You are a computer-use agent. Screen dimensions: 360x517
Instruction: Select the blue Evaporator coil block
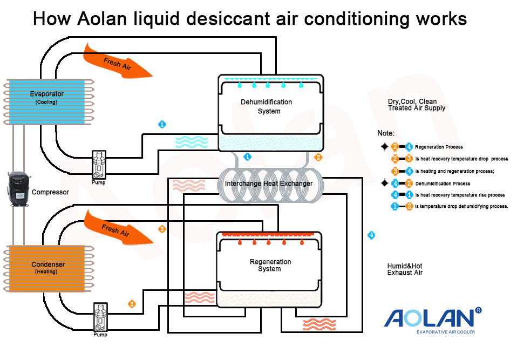click(46, 102)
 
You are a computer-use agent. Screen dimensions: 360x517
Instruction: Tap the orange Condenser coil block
click(47, 268)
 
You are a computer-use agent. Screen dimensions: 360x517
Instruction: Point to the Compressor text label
click(50, 192)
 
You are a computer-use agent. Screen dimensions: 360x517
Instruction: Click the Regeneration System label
click(270, 265)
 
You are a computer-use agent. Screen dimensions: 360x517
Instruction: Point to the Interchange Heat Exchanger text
click(268, 184)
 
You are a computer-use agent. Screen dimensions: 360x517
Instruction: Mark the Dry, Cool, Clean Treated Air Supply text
click(416, 105)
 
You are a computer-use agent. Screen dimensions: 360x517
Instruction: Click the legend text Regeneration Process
click(438, 147)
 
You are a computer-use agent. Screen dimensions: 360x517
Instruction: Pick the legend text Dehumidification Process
click(442, 184)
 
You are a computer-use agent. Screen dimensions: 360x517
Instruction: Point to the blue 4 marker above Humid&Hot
click(371, 235)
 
